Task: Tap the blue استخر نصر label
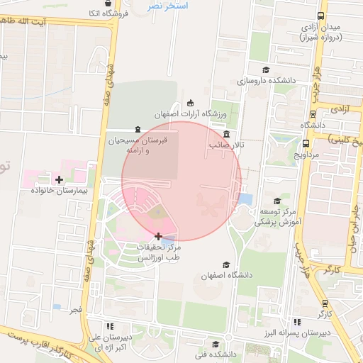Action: (167, 6)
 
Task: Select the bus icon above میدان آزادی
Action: (321, 16)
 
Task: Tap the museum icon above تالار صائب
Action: (225, 134)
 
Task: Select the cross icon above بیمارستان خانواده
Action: (58, 179)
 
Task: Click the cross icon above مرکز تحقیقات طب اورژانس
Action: (157, 235)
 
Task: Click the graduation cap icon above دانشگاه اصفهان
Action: (226, 264)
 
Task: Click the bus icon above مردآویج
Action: (312, 113)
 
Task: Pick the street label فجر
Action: (75, 311)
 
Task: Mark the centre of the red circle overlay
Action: (181, 181)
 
